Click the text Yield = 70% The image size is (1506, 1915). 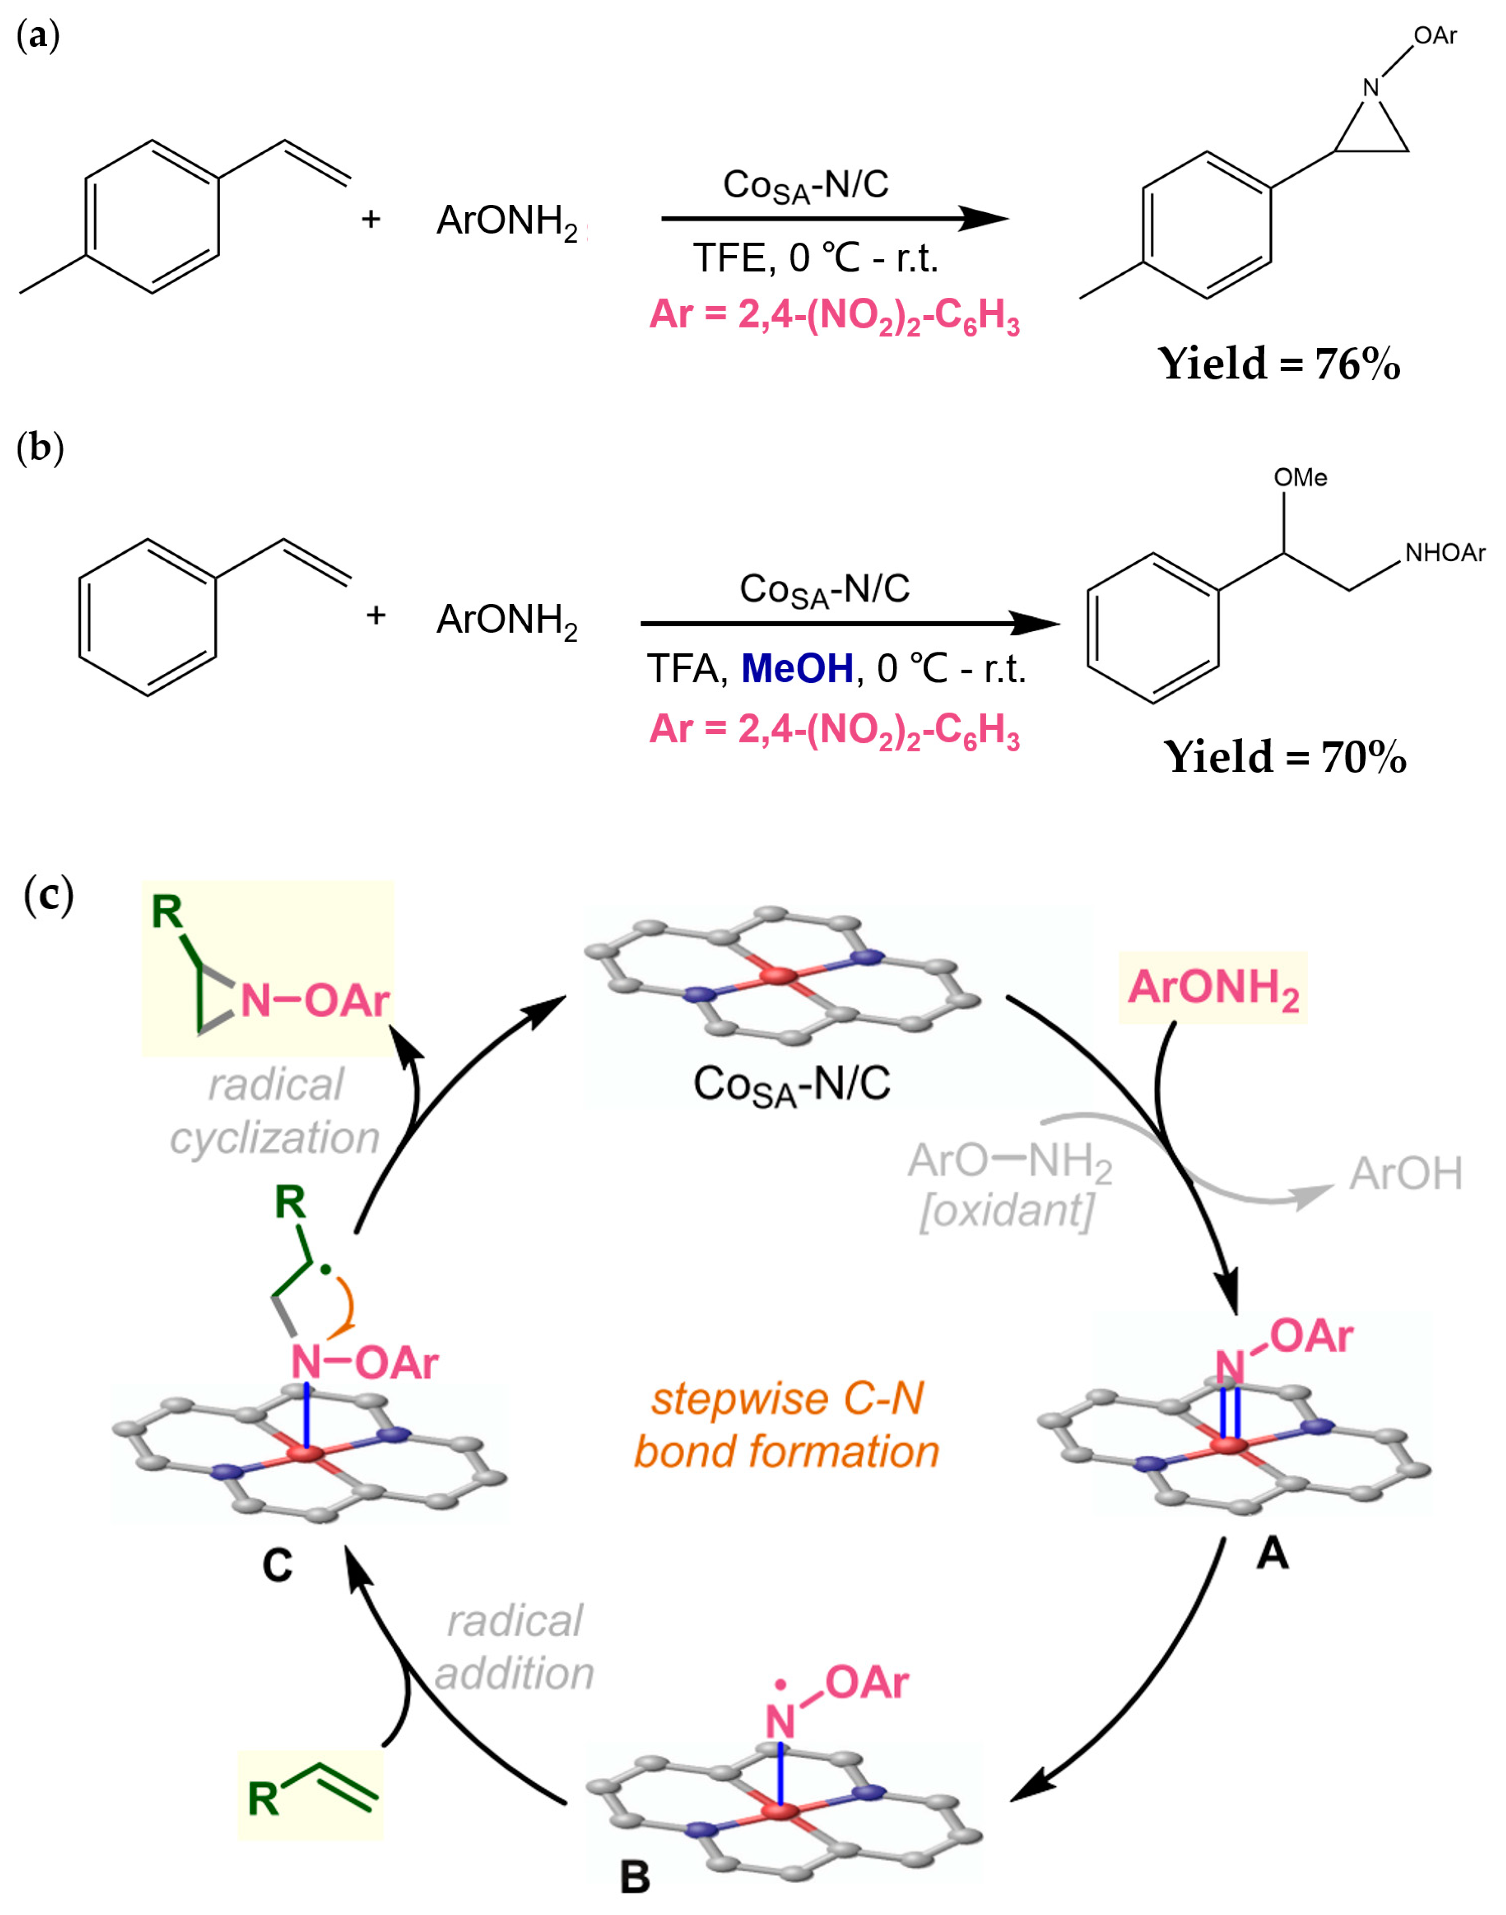click(x=1284, y=757)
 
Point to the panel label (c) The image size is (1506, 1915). click(x=49, y=895)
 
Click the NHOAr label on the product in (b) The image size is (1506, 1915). click(x=1444, y=553)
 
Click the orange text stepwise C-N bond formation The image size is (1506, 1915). click(x=786, y=1425)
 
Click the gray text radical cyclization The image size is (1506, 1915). click(x=275, y=1112)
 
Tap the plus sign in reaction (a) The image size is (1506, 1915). click(x=371, y=219)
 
